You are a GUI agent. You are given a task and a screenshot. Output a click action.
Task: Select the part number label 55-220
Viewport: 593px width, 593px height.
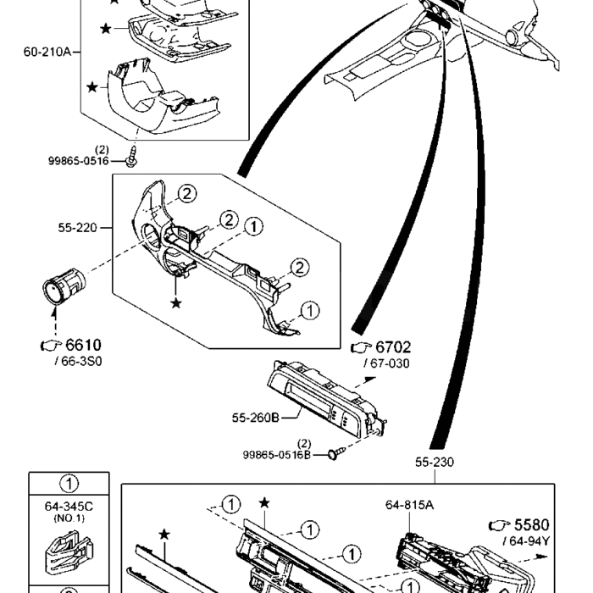pyautogui.click(x=77, y=228)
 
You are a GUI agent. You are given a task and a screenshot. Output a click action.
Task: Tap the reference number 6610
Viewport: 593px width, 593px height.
pyautogui.click(x=83, y=345)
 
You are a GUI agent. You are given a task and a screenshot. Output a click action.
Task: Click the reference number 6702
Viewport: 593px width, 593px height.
pyautogui.click(x=393, y=347)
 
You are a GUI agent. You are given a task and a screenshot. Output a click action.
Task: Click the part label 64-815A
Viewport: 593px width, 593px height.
pyautogui.click(x=409, y=505)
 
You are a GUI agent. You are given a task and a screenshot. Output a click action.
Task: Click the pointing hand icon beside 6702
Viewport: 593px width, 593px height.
pyautogui.click(x=361, y=347)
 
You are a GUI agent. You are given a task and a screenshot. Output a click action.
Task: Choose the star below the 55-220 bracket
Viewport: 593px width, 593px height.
pyautogui.click(x=175, y=302)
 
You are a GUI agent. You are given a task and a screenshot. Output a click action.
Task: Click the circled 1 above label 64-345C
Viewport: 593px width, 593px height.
pyautogui.click(x=69, y=485)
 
